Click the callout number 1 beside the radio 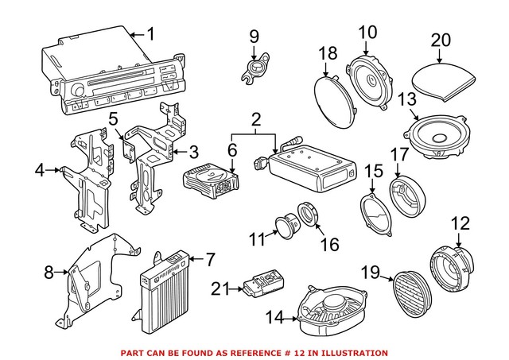(151, 34)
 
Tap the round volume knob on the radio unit (78, 90)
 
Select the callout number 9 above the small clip (254, 37)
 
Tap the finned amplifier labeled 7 (163, 292)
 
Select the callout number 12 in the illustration (461, 223)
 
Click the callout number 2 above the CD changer (256, 120)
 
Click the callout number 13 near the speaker (407, 99)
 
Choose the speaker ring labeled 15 (376, 215)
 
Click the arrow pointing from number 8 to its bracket (62, 272)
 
